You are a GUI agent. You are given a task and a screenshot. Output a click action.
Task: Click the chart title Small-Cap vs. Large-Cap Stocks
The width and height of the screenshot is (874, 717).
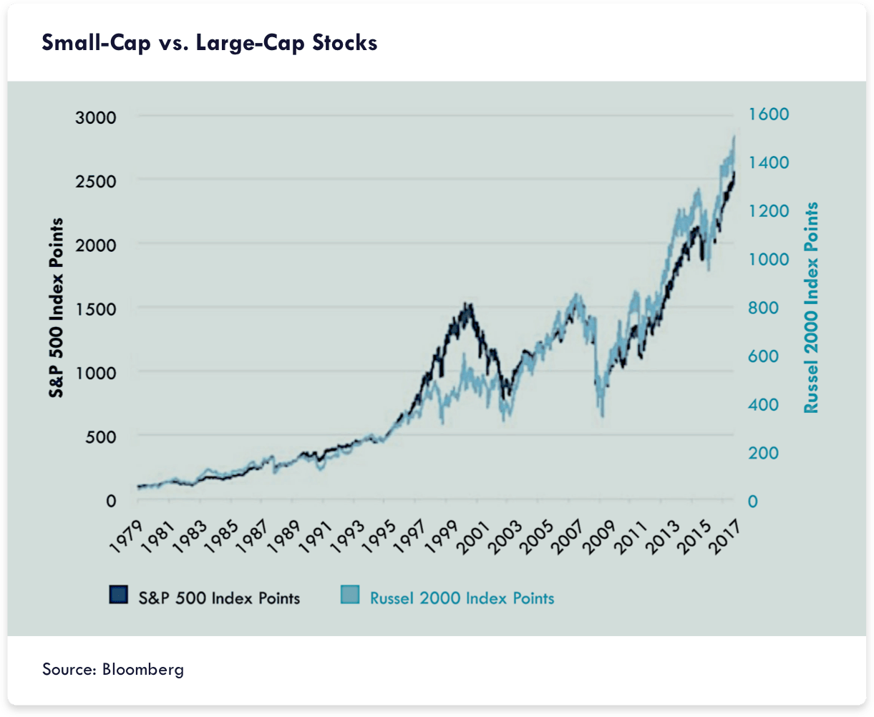(209, 44)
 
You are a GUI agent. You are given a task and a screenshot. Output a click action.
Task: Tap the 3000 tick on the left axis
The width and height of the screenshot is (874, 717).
(96, 117)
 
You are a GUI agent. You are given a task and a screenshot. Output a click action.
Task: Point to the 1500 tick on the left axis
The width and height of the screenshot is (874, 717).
(96, 308)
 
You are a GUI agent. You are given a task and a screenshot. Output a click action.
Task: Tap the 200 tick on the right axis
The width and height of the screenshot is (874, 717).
(764, 454)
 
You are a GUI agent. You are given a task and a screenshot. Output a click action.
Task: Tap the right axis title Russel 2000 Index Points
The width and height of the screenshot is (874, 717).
(811, 308)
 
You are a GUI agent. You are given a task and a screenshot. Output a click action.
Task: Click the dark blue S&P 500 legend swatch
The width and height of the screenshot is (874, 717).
(118, 595)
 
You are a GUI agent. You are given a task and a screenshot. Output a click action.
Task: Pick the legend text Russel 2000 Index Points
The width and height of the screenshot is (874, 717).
(462, 597)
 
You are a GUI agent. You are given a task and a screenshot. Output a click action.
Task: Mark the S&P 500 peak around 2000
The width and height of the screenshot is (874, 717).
(467, 303)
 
